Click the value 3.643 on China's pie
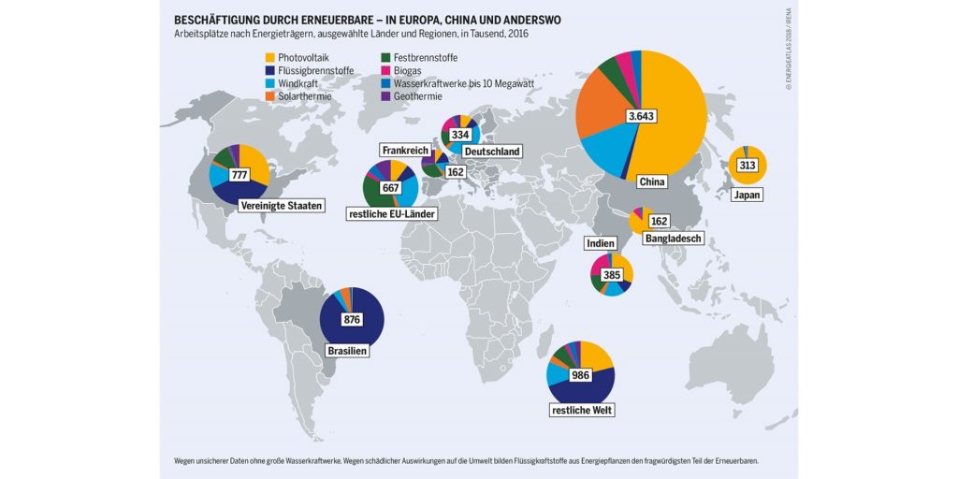point(641,115)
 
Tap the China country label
point(651,181)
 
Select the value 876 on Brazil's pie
point(352,319)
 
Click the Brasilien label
point(346,352)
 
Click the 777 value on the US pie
point(240,175)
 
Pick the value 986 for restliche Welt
point(580,375)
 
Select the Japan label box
point(748,196)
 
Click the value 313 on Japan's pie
point(748,166)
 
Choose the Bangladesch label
point(673,239)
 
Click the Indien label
point(600,243)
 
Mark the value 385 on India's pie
point(612,275)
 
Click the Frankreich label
point(405,150)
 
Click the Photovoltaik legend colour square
point(270,57)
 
